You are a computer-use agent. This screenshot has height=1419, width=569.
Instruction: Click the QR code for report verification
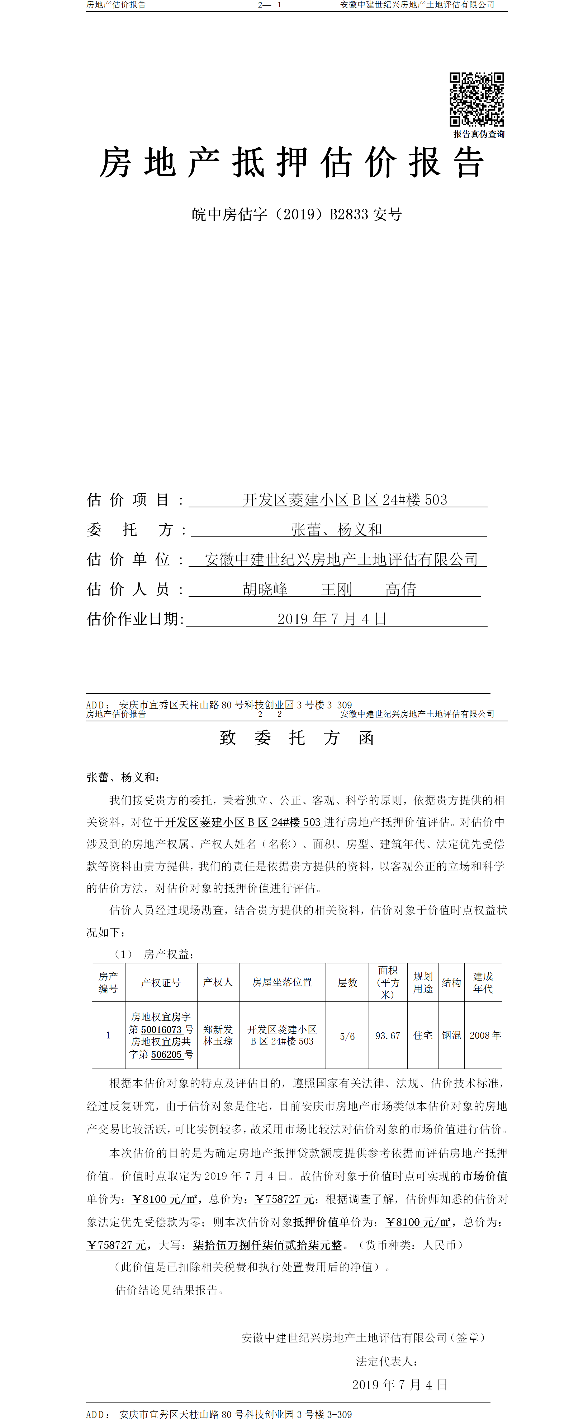[x=476, y=99]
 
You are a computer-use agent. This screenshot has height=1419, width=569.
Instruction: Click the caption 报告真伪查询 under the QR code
[x=479, y=134]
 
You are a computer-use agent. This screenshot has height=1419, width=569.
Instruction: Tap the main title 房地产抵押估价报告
[x=291, y=163]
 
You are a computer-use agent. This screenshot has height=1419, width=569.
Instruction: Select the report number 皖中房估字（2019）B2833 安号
[x=297, y=214]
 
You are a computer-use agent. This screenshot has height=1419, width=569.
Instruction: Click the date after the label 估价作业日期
[x=332, y=619]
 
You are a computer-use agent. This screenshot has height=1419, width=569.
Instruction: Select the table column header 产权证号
[x=161, y=983]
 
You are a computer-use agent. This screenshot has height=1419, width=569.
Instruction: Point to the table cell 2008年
[x=485, y=1036]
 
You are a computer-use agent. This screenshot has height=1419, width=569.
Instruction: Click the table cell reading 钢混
[x=451, y=1036]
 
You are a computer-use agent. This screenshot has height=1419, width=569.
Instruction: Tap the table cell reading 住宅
[x=423, y=1036]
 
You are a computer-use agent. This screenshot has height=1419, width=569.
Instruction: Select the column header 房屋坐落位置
[x=282, y=983]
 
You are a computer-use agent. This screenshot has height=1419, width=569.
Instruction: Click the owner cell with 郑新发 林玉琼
[x=218, y=1036]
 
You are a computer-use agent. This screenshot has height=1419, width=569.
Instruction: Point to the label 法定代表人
[x=386, y=1362]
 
